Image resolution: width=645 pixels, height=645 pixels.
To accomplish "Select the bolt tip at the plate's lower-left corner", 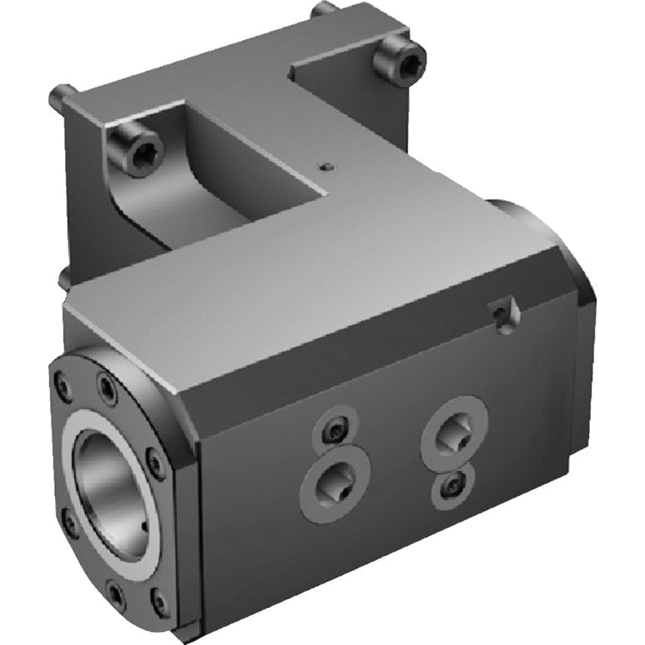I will tap(64, 279).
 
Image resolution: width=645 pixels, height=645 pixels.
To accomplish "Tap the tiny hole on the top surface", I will tap(325, 166).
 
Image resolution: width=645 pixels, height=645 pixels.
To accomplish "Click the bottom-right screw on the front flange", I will tap(159, 602).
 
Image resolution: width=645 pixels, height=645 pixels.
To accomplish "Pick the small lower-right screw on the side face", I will tap(452, 485).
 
